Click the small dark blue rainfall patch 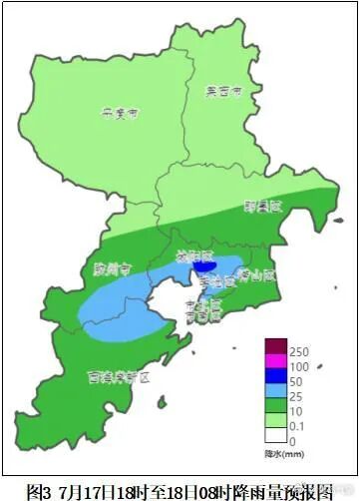pos(203,266)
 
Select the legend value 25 pos(296,400)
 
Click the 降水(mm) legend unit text pos(285,455)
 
